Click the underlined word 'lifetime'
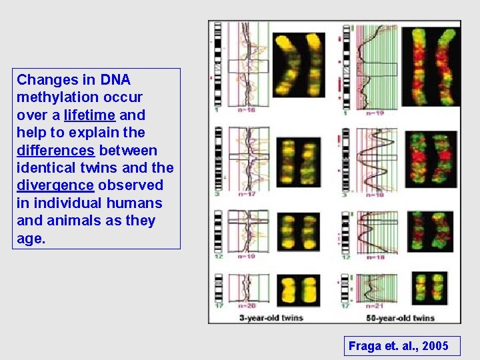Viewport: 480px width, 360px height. coord(90,115)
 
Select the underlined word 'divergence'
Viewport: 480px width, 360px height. coord(51,185)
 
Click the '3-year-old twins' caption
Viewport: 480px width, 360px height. coord(271,318)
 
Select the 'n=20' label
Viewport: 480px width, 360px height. coord(251,305)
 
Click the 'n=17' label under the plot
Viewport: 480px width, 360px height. coord(248,194)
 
